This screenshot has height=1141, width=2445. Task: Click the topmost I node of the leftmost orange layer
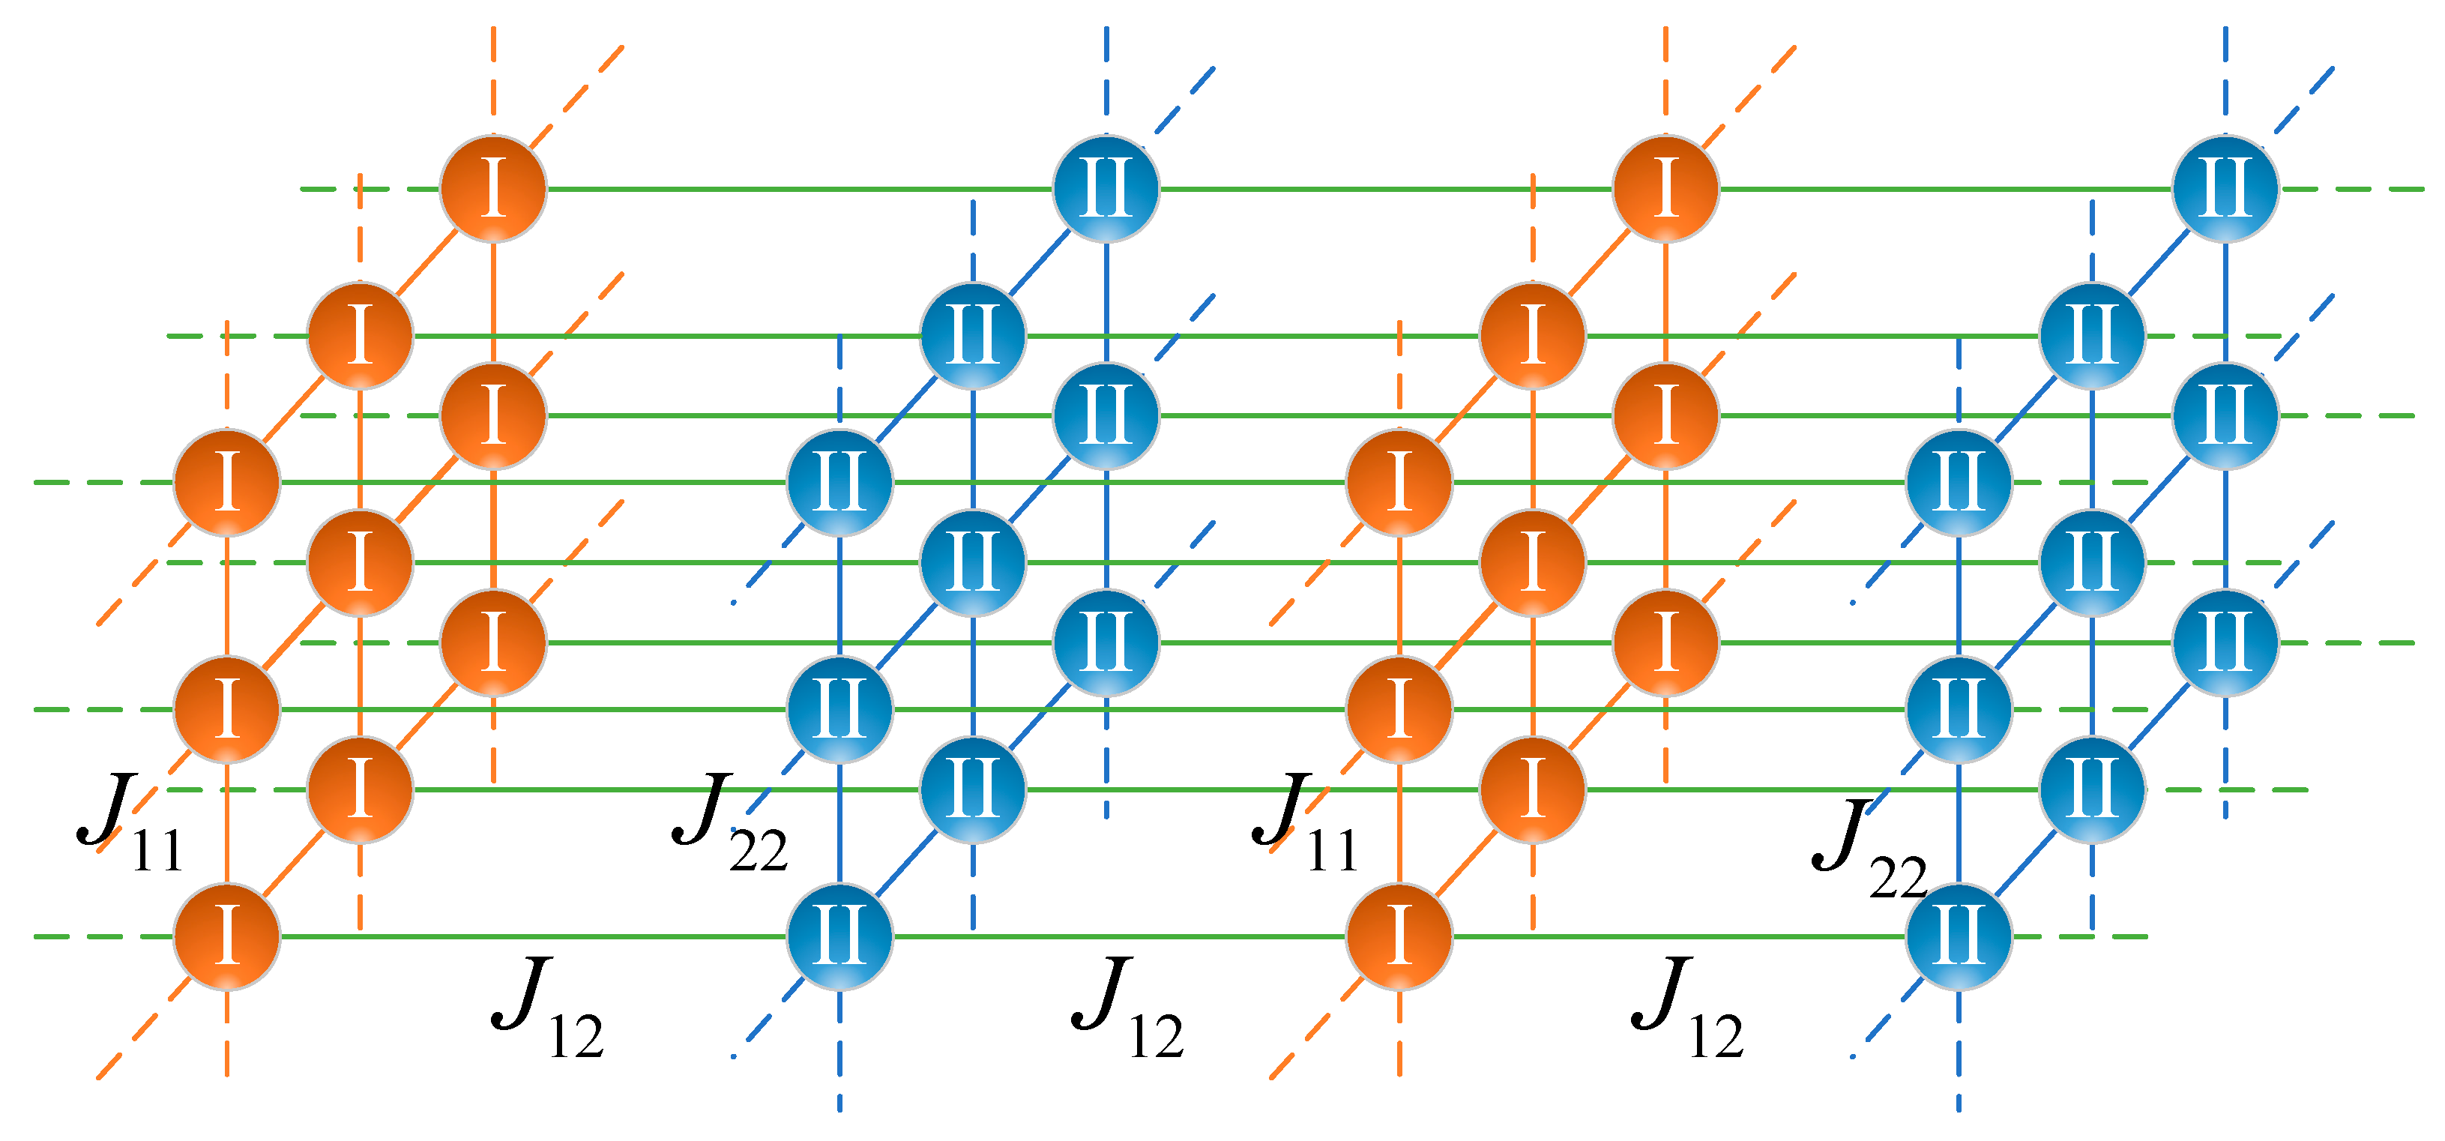point(492,189)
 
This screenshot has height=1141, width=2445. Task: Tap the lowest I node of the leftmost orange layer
point(227,936)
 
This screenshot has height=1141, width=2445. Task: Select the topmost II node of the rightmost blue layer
point(2225,189)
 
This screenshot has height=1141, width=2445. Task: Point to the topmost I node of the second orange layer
point(1665,189)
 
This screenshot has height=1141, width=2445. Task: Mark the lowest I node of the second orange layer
point(1400,936)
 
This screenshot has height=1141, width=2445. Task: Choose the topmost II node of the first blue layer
point(1106,189)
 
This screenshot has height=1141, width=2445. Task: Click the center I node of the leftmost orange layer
point(360,563)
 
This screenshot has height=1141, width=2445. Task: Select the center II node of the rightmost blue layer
point(2093,563)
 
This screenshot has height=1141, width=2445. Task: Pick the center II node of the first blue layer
point(973,563)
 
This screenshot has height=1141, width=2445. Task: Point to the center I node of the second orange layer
point(1533,563)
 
